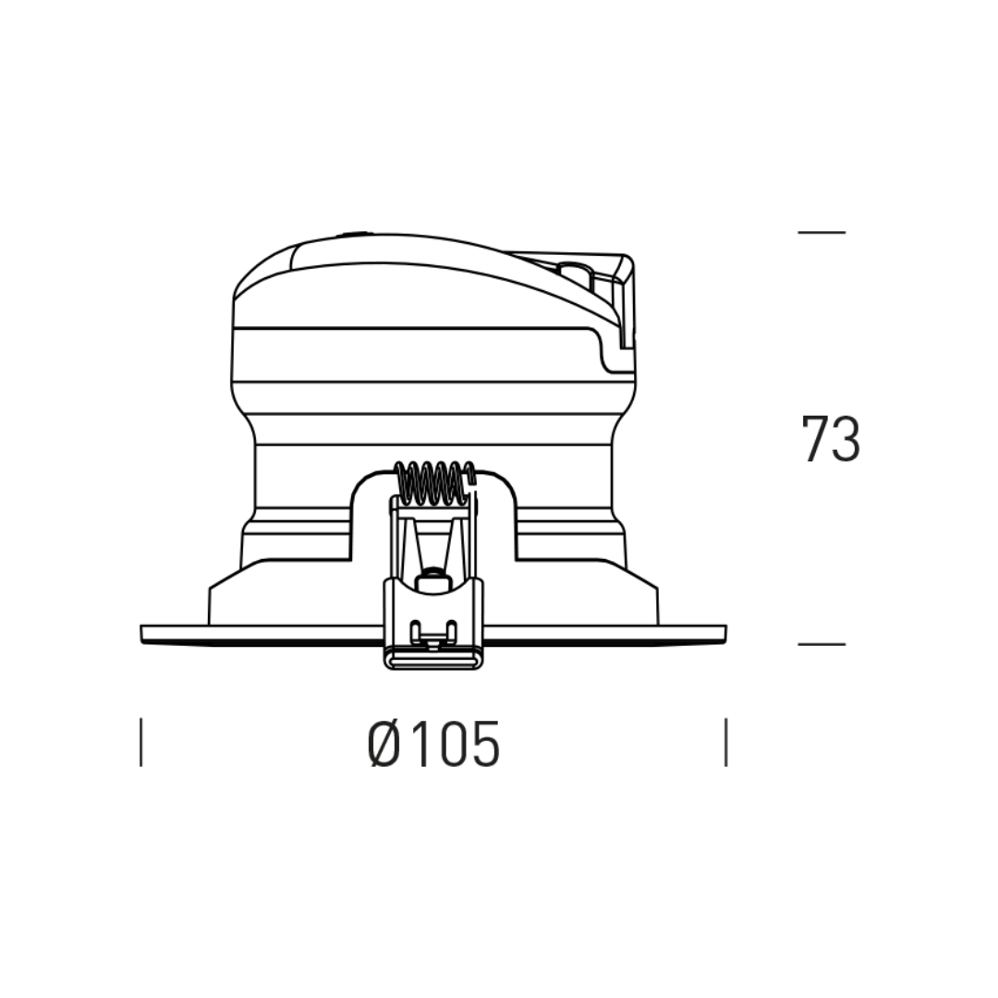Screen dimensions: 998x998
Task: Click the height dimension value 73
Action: click(831, 439)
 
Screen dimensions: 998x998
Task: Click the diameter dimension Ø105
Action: click(434, 743)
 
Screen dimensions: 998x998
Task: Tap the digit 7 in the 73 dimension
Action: click(815, 439)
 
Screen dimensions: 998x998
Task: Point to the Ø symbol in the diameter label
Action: click(384, 743)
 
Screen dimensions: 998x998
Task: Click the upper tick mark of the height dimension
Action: click(822, 232)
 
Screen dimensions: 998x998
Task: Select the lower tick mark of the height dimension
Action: click(822, 644)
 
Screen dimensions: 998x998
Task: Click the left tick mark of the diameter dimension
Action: click(140, 742)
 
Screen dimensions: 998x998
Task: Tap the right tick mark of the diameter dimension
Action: click(726, 742)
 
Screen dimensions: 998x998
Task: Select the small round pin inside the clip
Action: click(432, 578)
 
